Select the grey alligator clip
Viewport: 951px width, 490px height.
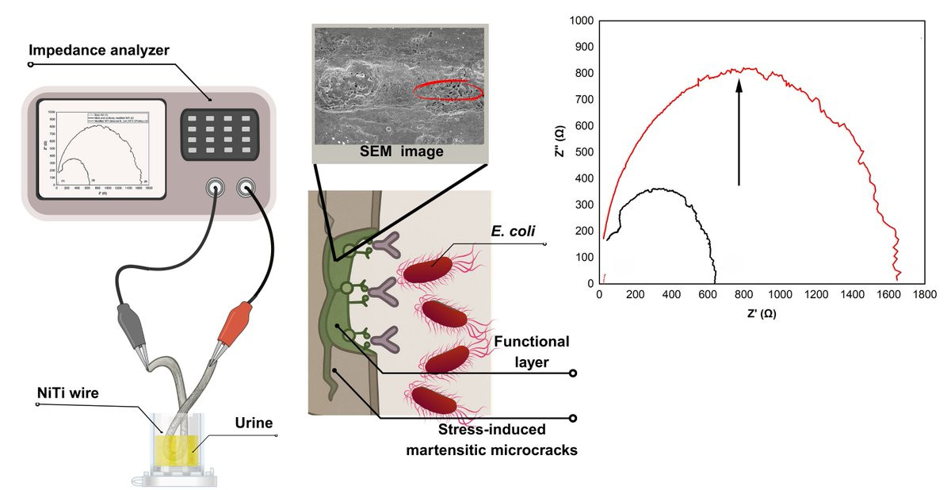(129, 324)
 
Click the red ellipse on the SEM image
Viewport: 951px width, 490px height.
(448, 91)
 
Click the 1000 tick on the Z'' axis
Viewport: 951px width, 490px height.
(582, 21)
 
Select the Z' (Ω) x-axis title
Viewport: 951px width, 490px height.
(760, 314)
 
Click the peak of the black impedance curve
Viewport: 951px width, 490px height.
(655, 189)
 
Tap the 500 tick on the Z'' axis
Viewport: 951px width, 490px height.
(585, 152)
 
